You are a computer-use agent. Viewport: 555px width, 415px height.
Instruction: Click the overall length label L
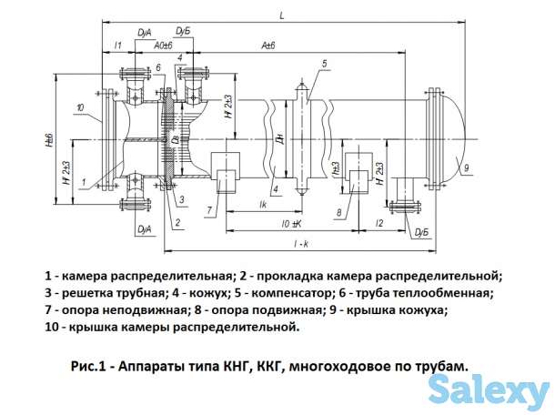[282, 15]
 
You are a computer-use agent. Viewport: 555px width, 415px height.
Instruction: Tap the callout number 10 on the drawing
[82, 108]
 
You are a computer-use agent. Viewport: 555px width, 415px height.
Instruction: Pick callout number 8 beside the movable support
[338, 213]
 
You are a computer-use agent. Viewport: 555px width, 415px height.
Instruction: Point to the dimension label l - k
[288, 244]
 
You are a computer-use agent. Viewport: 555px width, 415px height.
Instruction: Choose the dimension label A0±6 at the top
[164, 46]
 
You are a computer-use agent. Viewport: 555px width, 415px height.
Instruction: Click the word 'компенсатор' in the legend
[315, 293]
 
